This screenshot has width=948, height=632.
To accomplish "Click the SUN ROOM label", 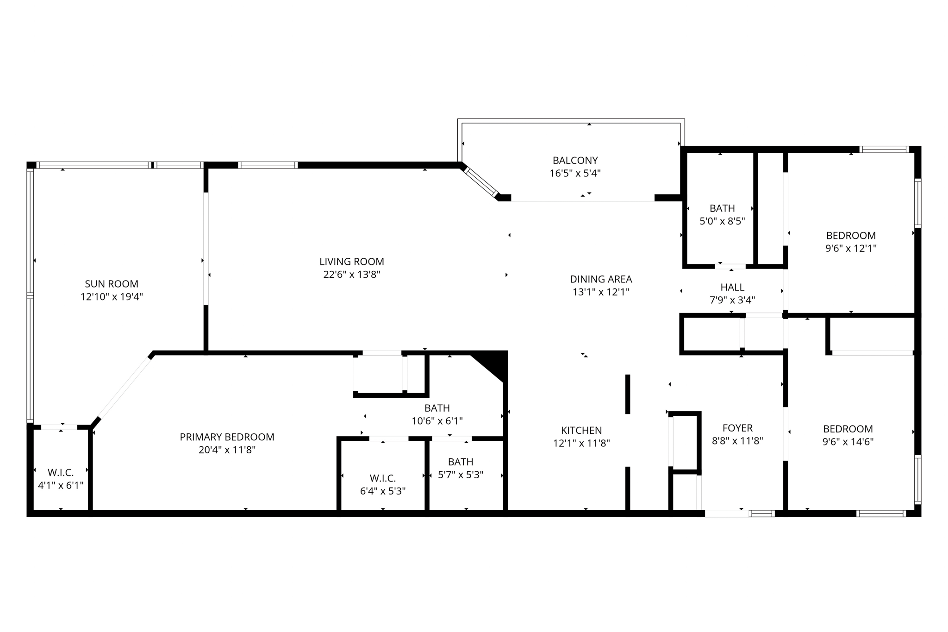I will point(112,284).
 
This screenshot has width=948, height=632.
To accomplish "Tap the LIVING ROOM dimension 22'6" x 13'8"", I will point(352,275).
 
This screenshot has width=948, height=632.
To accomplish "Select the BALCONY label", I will point(575,161).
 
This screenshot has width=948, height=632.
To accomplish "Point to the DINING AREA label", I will point(601,279).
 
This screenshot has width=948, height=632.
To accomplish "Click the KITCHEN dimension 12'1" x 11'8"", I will point(581,443).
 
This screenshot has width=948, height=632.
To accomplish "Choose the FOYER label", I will point(737,428).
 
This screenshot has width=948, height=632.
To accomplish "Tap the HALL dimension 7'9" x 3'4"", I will point(732,300).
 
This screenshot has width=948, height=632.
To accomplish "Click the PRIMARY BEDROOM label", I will point(227,437).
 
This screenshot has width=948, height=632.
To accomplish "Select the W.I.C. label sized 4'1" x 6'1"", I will point(61,473).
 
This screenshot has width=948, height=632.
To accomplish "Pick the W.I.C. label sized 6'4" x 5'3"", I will point(382,478).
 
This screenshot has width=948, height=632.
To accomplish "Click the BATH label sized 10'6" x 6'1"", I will point(437,408).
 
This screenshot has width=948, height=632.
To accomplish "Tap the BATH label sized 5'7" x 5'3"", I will point(461,462).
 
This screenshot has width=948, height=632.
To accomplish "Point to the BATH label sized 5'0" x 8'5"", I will point(722,208).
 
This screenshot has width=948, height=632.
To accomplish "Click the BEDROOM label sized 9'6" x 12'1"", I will point(851,235).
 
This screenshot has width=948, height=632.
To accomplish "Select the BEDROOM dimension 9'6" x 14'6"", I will point(848,442).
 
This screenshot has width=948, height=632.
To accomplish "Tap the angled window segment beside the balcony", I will point(481,182).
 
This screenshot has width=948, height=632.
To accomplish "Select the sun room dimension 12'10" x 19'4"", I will point(112,297).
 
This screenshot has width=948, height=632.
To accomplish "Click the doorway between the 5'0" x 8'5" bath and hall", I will point(730,266).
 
